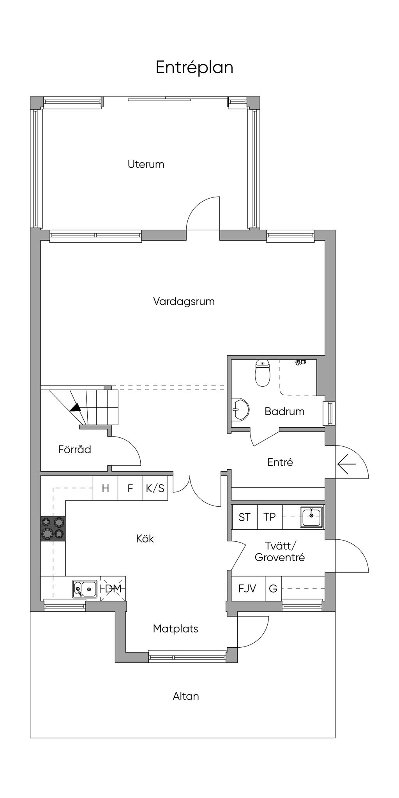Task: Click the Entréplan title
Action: click(x=194, y=67)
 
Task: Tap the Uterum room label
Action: click(x=146, y=164)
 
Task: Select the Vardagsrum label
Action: click(x=184, y=301)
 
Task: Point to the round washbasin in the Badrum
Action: click(x=239, y=410)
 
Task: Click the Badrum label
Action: click(x=284, y=411)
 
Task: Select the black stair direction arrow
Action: click(x=76, y=407)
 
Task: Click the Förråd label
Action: click(x=74, y=449)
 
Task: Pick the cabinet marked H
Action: click(x=105, y=488)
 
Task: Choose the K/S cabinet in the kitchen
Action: click(x=155, y=488)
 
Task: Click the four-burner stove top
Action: click(x=53, y=528)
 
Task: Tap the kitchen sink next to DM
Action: click(x=85, y=589)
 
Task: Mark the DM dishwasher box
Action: click(x=113, y=588)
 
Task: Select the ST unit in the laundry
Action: click(x=244, y=517)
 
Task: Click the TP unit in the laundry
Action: click(x=270, y=517)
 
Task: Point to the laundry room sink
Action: click(x=311, y=517)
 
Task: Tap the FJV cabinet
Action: click(x=247, y=588)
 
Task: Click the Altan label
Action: click(x=186, y=696)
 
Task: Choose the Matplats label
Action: click(x=175, y=629)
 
